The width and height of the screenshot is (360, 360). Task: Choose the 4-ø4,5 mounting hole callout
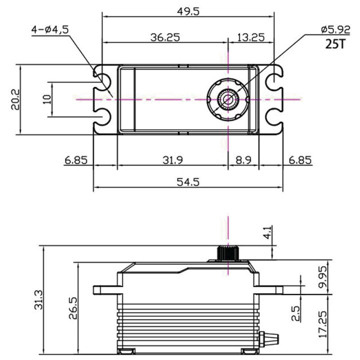pos(49,29)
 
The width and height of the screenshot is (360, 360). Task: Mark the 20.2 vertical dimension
pos(15,99)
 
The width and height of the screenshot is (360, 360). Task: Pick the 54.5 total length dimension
pos(188,182)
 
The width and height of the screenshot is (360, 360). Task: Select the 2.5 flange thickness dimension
pos(295,313)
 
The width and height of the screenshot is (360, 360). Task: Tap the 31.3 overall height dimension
pos(36,300)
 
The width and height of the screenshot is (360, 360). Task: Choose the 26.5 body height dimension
pos(72,308)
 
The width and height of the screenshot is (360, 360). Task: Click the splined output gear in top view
pos(227,99)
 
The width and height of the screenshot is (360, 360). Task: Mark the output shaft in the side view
pos(227,253)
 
